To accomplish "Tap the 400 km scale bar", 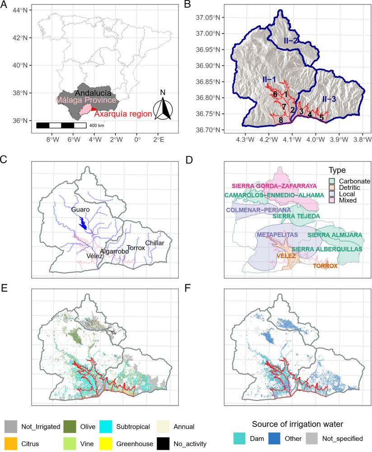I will click(61, 124).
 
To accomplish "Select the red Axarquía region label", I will click(122, 114).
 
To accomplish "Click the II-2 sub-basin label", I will click(291, 40).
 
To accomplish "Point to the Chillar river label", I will click(154, 243).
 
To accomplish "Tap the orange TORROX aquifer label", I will click(325, 266).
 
